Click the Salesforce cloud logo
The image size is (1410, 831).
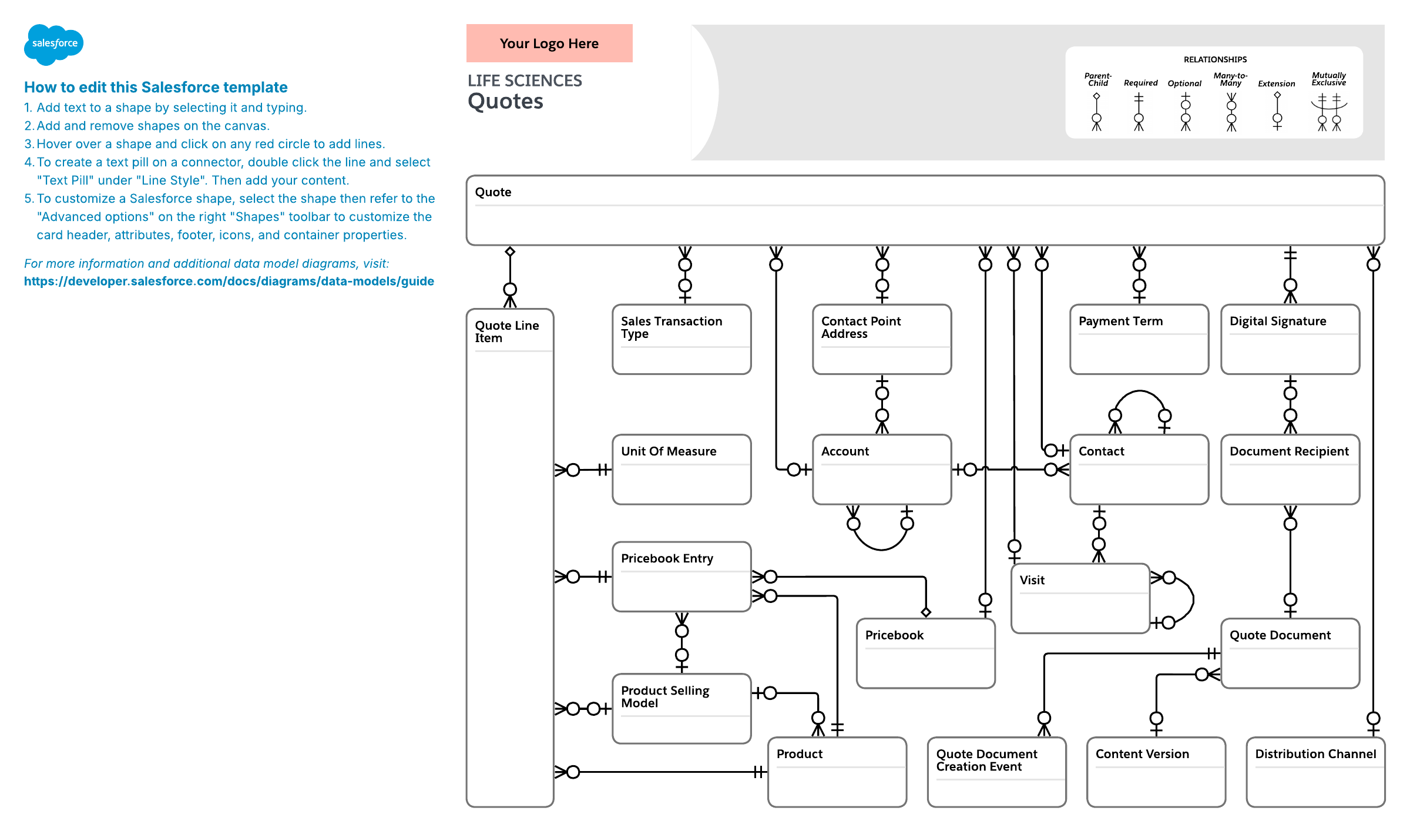(54, 44)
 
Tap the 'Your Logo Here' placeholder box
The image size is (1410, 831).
(549, 43)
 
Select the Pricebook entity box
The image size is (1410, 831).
(926, 653)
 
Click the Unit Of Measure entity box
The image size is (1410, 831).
(681, 470)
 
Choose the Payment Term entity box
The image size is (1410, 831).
(1139, 339)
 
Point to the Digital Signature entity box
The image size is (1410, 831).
(1290, 339)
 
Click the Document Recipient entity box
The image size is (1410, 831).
(1290, 470)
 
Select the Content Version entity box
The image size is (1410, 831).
(1156, 772)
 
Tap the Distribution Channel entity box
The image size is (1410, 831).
(1316, 772)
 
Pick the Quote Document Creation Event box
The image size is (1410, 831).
(997, 772)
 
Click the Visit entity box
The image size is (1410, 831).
(1080, 598)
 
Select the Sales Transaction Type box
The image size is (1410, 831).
(681, 339)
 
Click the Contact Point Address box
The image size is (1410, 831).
(882, 339)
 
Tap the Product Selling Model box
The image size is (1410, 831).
(681, 709)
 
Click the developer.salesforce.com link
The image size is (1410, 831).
(229, 281)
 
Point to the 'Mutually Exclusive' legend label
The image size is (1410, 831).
(1329, 79)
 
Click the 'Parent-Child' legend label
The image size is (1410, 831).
(1097, 79)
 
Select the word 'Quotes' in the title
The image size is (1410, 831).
(506, 102)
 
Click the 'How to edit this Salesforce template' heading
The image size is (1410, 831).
(156, 87)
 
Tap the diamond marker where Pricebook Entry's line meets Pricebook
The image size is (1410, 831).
(926, 612)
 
